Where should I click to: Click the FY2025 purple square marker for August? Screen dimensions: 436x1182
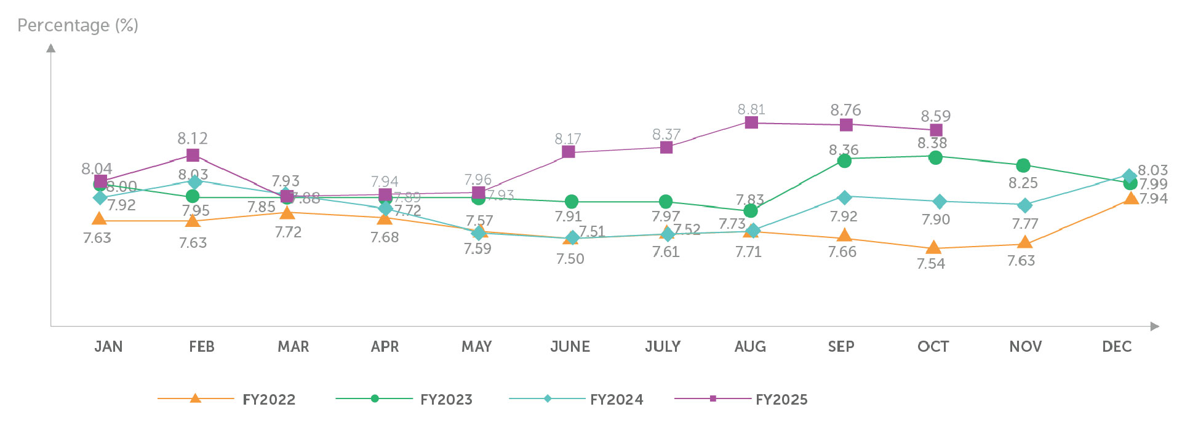pyautogui.click(x=751, y=122)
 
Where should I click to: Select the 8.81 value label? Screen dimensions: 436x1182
pyautogui.click(x=751, y=109)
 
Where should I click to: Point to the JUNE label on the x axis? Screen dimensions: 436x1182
pyautogui.click(x=570, y=347)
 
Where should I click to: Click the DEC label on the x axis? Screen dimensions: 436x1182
pyautogui.click(x=1117, y=347)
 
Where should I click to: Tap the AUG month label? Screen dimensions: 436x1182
pyautogui.click(x=750, y=347)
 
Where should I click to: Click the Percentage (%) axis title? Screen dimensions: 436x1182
pyautogui.click(x=78, y=25)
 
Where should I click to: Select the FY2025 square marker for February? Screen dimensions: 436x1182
pyautogui.click(x=193, y=155)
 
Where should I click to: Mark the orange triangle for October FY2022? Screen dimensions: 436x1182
pyautogui.click(x=933, y=248)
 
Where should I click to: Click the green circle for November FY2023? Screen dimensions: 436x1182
pyautogui.click(x=1023, y=165)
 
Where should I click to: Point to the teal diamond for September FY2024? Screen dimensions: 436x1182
pyautogui.click(x=845, y=197)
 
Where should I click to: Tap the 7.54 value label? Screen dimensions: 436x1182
pyautogui.click(x=930, y=264)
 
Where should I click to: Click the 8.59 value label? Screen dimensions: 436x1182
pyautogui.click(x=935, y=116)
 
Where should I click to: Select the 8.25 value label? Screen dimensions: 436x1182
pyautogui.click(x=1023, y=183)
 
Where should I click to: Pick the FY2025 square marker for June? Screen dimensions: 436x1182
pyautogui.click(x=569, y=151)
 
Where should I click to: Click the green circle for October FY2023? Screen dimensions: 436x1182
pyautogui.click(x=935, y=157)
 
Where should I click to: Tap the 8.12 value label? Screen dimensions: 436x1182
pyautogui.click(x=193, y=138)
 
